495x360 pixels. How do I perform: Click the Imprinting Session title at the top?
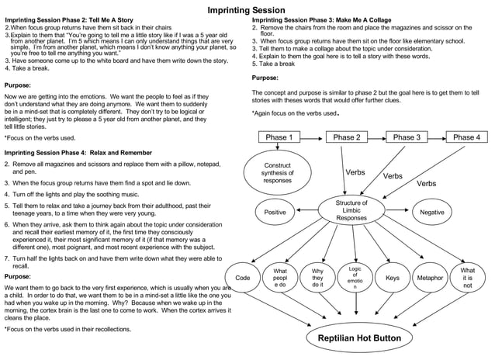(x=247, y=9)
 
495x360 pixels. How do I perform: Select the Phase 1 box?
(x=279, y=137)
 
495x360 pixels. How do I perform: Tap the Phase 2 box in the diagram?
(x=347, y=137)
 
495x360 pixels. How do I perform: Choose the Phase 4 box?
(x=466, y=137)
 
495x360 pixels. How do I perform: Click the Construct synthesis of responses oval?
(x=277, y=173)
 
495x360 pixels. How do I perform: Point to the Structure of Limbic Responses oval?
(x=351, y=211)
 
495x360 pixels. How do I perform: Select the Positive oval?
(x=275, y=212)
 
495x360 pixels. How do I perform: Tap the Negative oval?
(x=431, y=212)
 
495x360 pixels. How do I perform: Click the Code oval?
(x=242, y=278)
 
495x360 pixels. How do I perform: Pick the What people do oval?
(x=280, y=278)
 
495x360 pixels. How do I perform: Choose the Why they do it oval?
(x=317, y=278)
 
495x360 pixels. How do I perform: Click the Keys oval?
(x=392, y=278)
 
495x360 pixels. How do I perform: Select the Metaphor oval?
(x=429, y=278)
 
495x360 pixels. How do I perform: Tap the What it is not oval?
(x=467, y=278)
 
